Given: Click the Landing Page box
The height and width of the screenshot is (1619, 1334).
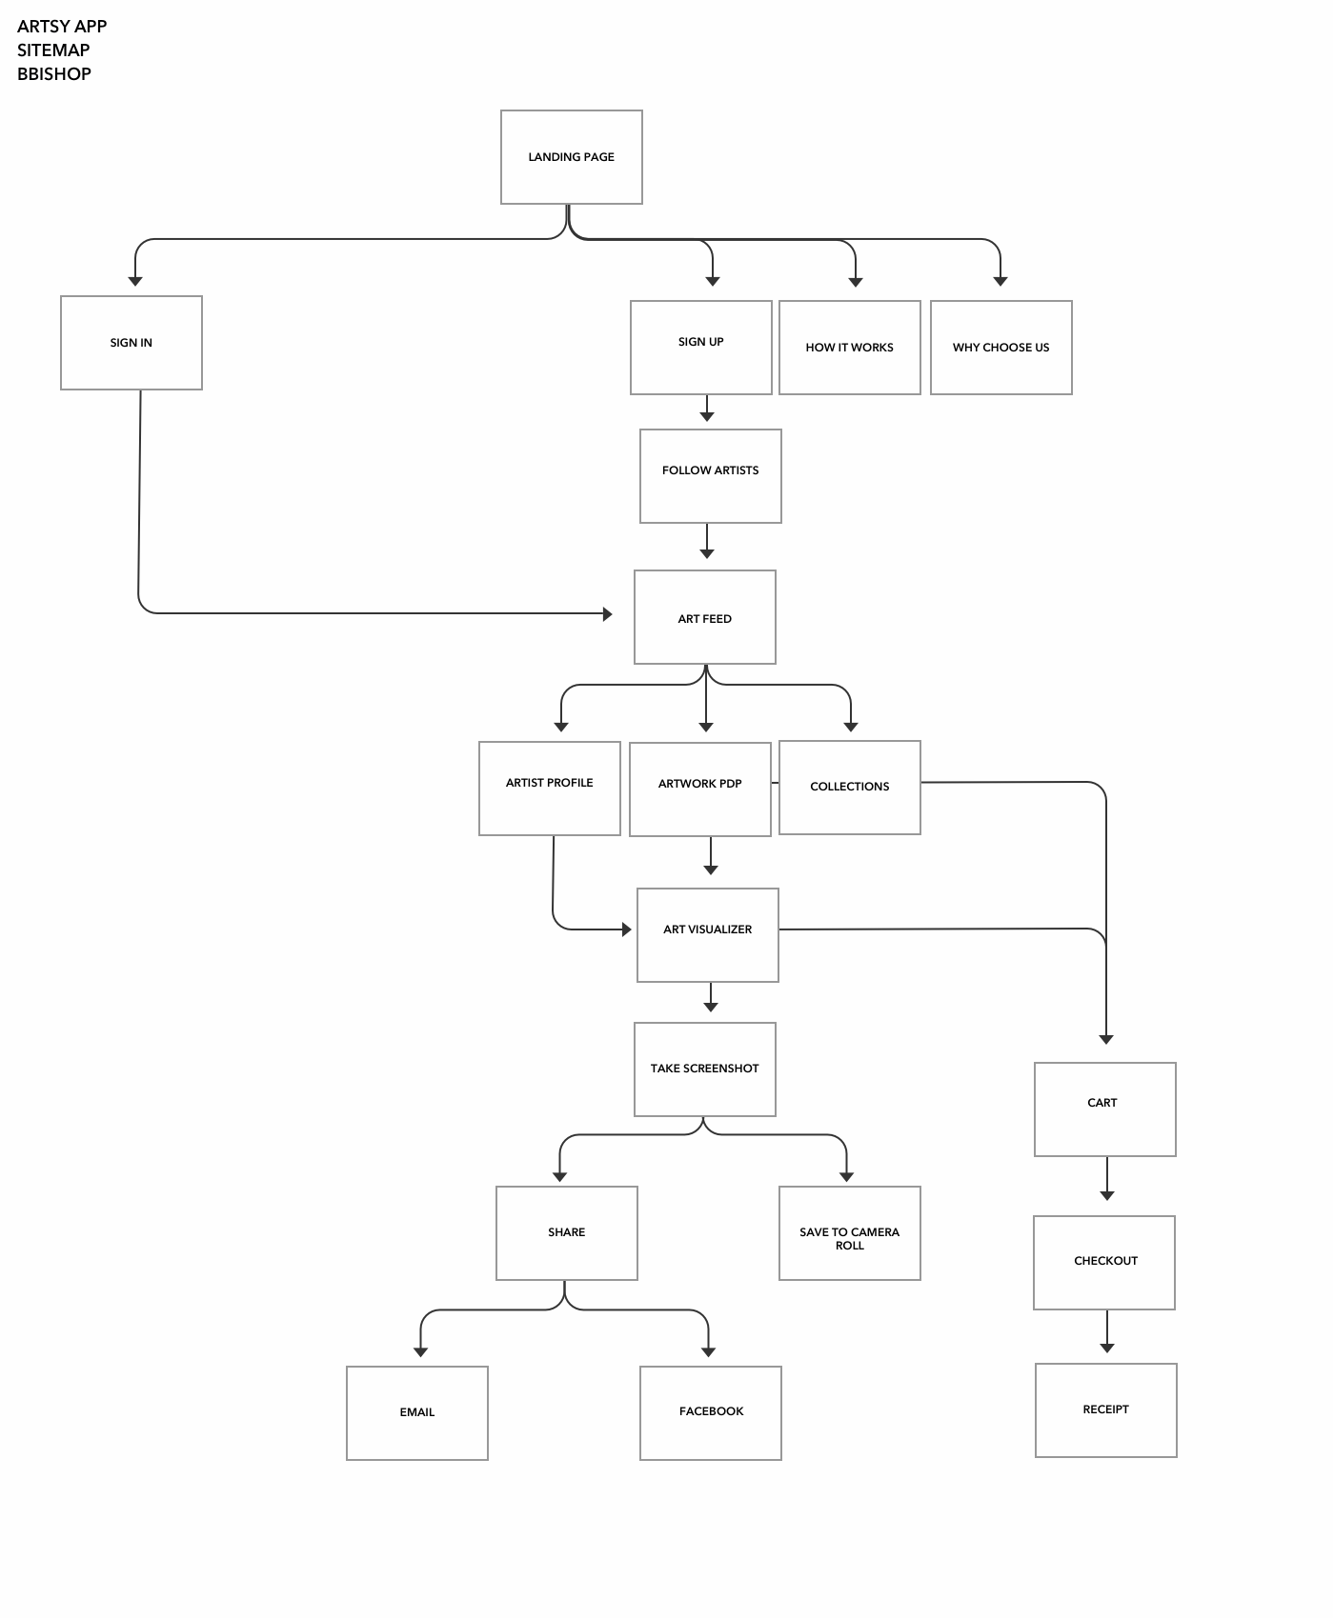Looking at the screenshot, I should [572, 157].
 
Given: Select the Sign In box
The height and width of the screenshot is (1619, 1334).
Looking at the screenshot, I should [131, 343].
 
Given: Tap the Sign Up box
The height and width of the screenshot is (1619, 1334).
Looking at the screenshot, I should [701, 348].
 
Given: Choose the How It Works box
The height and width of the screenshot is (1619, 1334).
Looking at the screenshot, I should [850, 348].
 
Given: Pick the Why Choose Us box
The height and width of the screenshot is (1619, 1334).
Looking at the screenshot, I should [1001, 348].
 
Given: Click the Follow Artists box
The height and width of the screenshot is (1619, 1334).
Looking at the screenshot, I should [711, 476].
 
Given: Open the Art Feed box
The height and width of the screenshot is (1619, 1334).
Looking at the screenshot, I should [705, 617].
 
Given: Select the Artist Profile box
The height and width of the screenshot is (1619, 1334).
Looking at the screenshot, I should [550, 789].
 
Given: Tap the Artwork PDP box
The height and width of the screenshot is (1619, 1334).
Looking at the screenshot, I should [700, 790].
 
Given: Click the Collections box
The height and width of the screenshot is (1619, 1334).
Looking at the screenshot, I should [850, 788].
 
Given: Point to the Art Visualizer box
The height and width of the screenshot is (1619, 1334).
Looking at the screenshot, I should [708, 935].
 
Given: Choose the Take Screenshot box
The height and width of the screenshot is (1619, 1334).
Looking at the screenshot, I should [705, 1069].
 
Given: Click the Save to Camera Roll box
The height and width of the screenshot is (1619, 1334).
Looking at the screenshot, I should [850, 1233].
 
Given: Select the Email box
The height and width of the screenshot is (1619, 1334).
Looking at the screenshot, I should [417, 1413].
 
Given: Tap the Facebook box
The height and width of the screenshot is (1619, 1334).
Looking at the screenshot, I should [711, 1413].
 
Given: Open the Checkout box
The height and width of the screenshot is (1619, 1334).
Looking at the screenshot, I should [1104, 1263].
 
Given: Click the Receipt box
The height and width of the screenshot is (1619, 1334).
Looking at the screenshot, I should [1106, 1410].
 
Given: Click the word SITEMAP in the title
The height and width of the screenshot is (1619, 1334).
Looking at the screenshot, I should [53, 50].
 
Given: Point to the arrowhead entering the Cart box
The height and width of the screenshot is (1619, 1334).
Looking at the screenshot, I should [1106, 1039].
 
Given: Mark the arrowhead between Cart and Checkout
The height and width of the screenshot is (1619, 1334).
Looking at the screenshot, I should [1107, 1195].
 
